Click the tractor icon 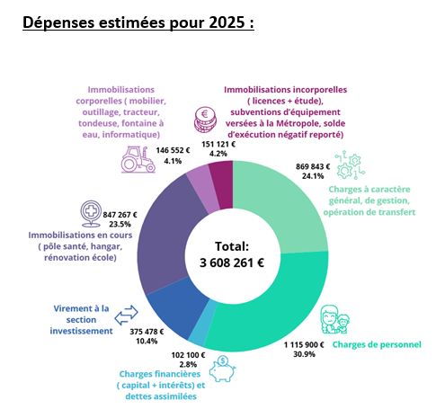click(x=138, y=159)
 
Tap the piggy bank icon click(x=222, y=369)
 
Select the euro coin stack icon click(x=205, y=120)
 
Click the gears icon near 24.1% click(x=350, y=166)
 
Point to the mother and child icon click(x=335, y=319)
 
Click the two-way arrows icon click(x=126, y=315)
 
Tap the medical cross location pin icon click(x=91, y=214)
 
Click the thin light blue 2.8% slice click(x=202, y=325)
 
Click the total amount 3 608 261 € click(x=232, y=262)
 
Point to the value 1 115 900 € click(x=304, y=345)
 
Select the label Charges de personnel click(x=377, y=344)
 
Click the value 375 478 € click(x=147, y=332)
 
